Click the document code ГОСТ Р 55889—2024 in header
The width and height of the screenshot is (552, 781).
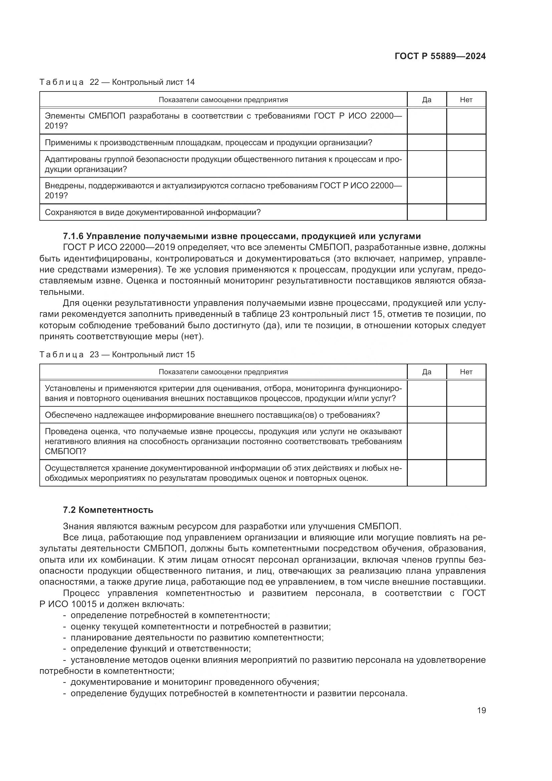pos(440,56)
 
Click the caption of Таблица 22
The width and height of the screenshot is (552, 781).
pos(117,82)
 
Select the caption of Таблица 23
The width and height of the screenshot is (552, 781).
pos(117,355)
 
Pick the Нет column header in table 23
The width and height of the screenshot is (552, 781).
pos(466,372)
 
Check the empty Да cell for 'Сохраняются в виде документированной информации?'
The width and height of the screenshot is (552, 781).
pos(427,212)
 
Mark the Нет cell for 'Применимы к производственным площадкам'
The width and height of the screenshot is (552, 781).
pos(466,143)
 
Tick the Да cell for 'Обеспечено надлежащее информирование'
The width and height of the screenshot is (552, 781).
pos(427,415)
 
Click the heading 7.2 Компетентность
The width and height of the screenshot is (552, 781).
pos(108,510)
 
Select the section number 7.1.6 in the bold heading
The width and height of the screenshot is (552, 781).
pos(73,236)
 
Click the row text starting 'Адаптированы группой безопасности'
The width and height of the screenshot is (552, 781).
pos(223,164)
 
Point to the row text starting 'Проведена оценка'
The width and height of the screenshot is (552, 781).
pos(223,441)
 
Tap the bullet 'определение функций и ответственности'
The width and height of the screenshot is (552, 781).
pos(160,648)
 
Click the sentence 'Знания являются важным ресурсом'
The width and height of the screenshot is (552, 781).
pos(232,526)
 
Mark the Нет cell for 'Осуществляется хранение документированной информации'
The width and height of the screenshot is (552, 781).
pos(466,473)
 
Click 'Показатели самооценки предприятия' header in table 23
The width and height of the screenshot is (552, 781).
pos(223,372)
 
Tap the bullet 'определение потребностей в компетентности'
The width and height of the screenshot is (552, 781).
pos(170,615)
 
